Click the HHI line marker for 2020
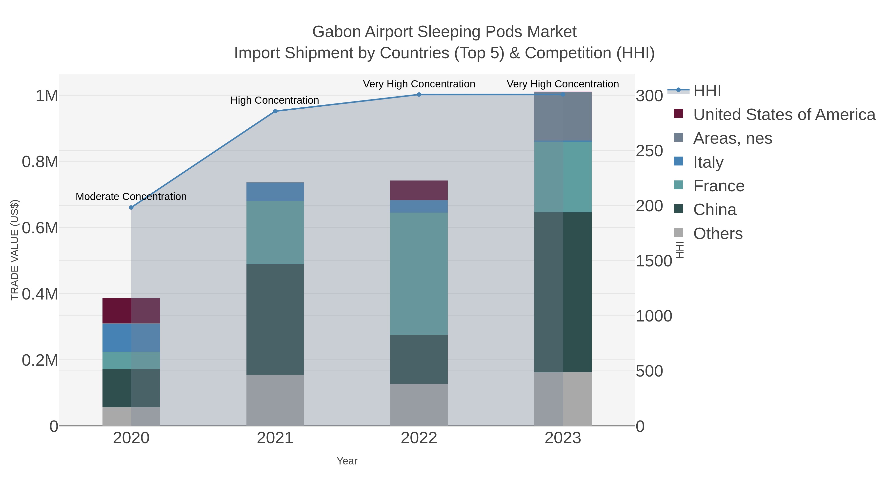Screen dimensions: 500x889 point(131,207)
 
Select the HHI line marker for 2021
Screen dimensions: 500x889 point(275,111)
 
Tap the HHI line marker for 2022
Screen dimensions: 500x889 point(419,95)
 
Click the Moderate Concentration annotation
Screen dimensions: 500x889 point(131,197)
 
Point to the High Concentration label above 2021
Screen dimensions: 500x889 point(275,100)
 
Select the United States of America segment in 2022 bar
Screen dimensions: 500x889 point(419,190)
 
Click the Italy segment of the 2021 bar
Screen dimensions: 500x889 point(275,192)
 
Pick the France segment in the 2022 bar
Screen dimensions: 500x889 point(419,273)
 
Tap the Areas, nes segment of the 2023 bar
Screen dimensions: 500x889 point(563,116)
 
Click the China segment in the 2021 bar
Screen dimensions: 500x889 point(275,319)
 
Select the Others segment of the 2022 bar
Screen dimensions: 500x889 point(419,404)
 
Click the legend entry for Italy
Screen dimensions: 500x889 point(708,162)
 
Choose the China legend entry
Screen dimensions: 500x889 point(714,210)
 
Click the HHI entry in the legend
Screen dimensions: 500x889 point(707,91)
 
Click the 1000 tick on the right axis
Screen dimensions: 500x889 point(654,316)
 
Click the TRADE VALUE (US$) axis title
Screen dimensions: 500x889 point(15,250)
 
